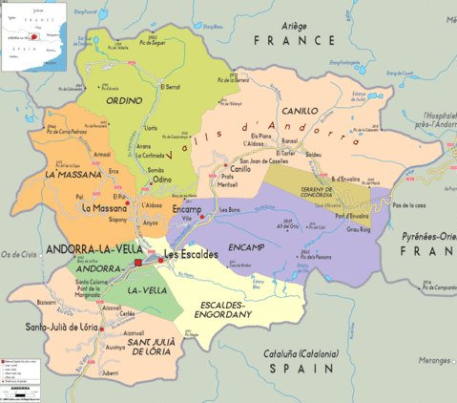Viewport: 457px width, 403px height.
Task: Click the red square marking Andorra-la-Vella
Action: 137,261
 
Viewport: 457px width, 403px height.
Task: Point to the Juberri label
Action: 112,375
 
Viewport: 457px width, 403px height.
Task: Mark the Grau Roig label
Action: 358,229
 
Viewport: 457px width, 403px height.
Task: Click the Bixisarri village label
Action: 46,301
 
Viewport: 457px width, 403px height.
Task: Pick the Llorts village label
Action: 150,126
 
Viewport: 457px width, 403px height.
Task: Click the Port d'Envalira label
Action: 352,216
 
